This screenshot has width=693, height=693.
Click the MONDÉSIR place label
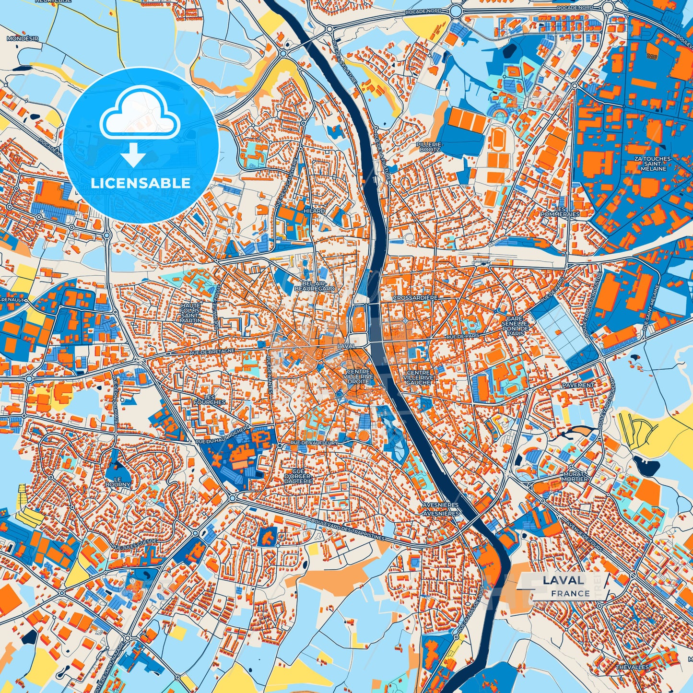[22, 38]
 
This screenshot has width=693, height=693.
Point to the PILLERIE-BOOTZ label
[430, 147]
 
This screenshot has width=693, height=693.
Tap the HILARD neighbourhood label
[314, 211]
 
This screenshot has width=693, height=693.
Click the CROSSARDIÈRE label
[415, 298]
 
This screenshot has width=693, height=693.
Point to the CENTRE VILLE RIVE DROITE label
[358, 376]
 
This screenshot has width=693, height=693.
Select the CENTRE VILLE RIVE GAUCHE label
[419, 377]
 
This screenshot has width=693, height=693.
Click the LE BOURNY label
[117, 482]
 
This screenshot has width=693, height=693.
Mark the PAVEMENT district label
[579, 385]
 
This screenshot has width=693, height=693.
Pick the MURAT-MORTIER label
[576, 476]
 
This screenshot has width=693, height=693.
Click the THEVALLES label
[633, 667]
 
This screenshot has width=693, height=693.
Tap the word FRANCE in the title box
[570, 593]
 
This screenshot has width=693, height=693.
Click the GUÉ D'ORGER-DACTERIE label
[298, 476]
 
